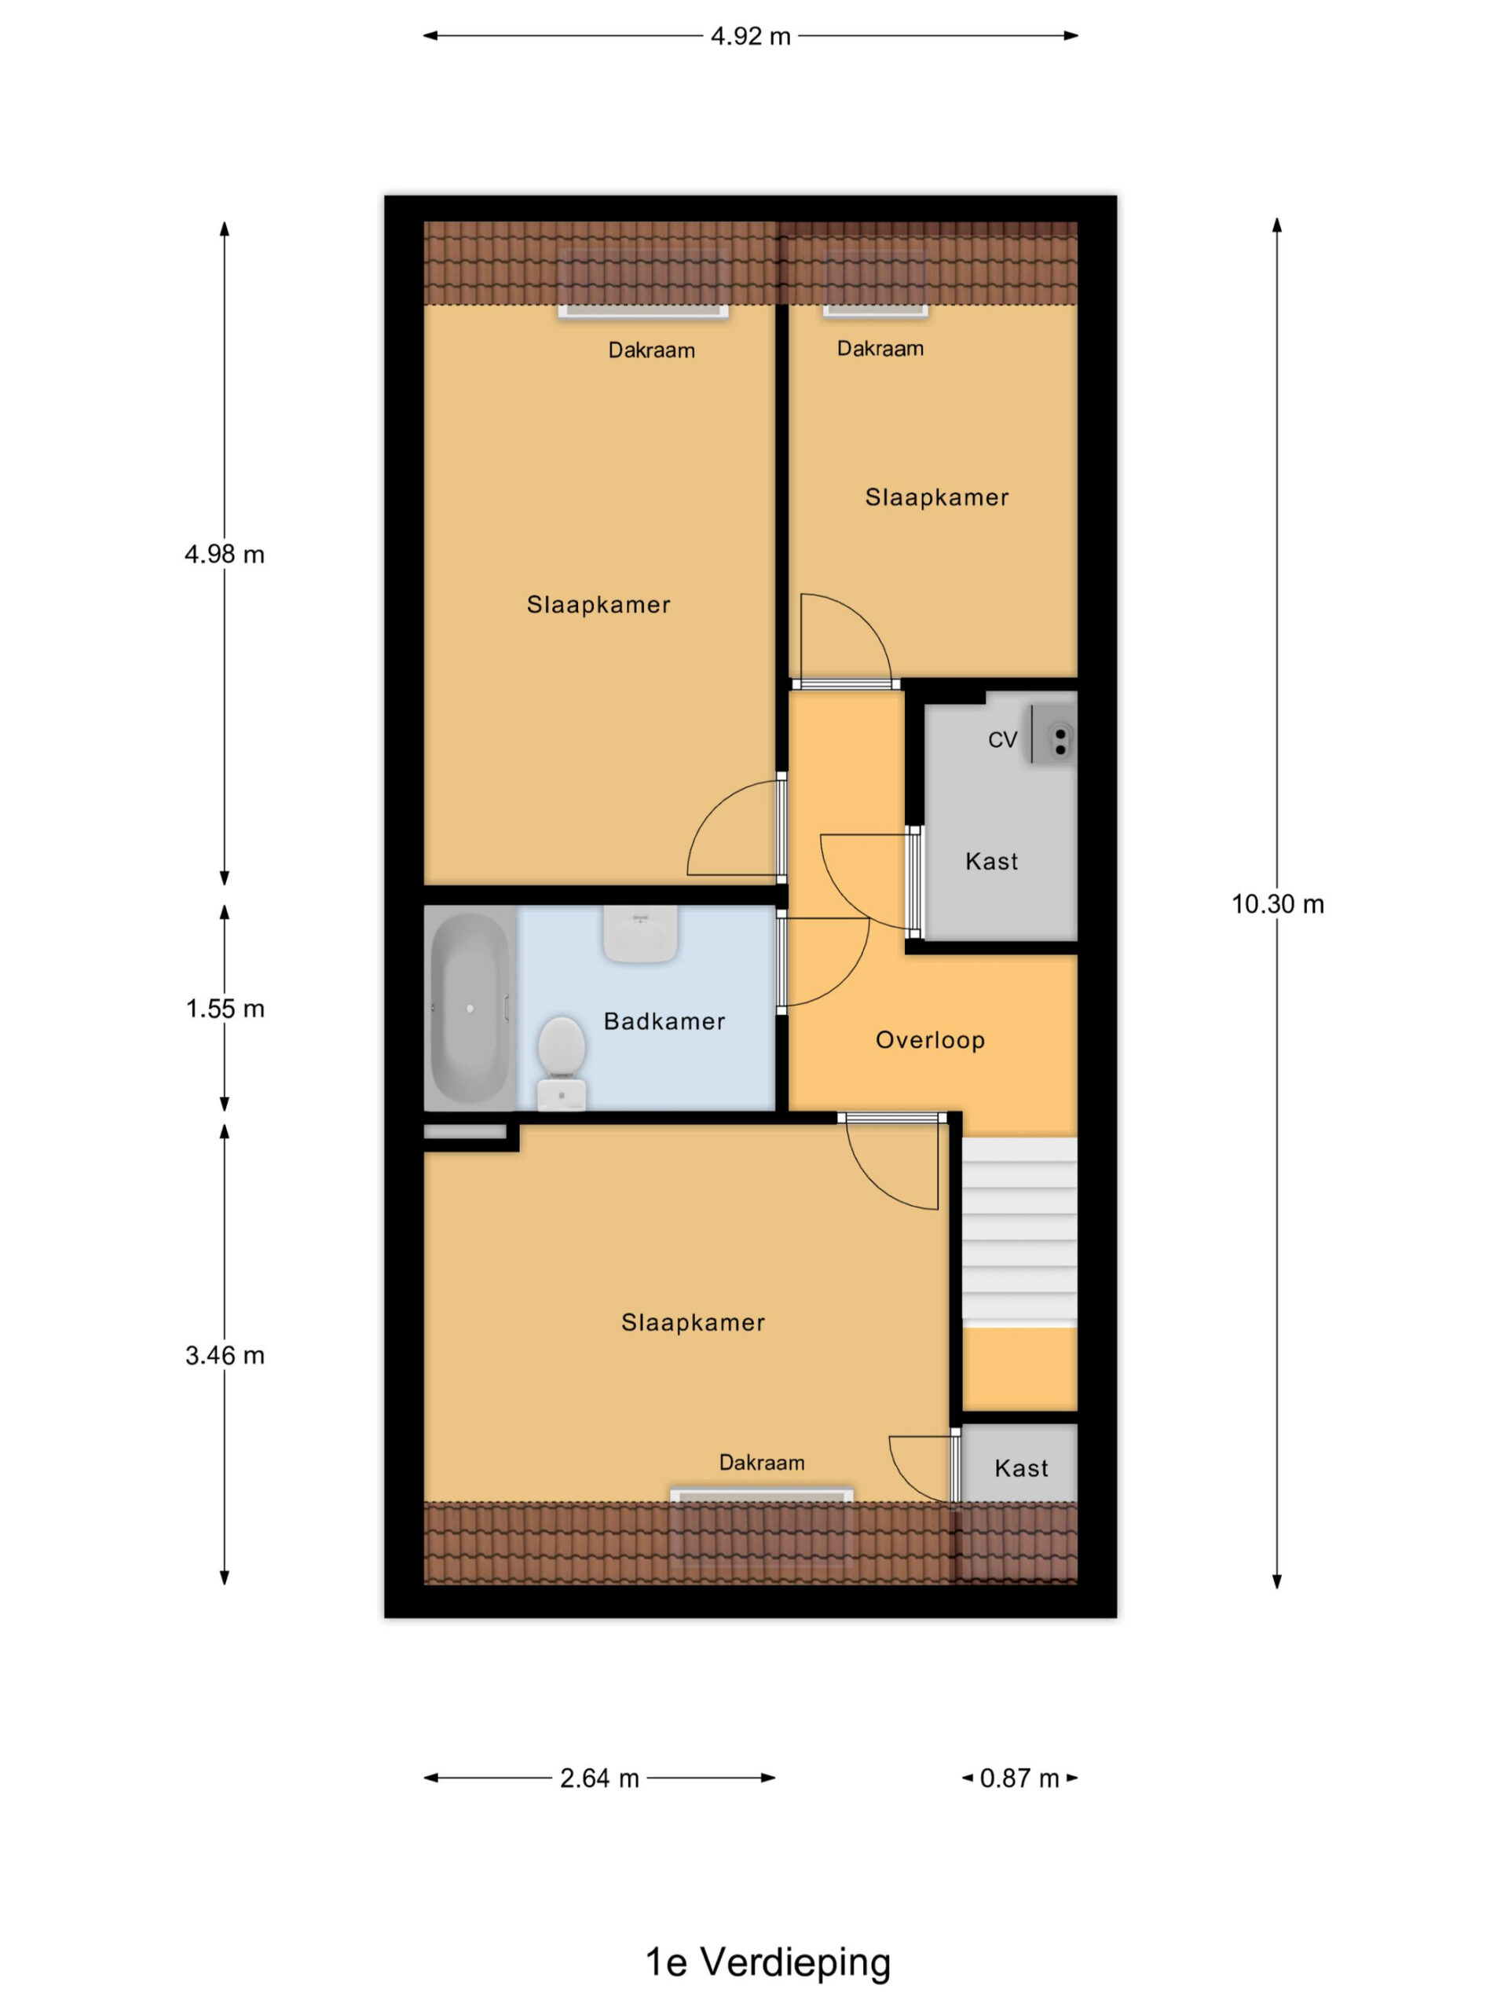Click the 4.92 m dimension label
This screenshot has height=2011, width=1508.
[750, 36]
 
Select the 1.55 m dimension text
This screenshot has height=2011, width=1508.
[225, 1008]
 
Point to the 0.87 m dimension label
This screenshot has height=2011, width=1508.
[1019, 1778]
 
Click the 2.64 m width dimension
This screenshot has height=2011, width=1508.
[599, 1778]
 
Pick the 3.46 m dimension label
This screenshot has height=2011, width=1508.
[225, 1356]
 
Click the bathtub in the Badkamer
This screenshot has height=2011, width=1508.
[470, 1007]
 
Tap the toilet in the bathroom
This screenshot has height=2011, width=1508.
[561, 1063]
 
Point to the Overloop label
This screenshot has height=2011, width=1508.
[930, 1040]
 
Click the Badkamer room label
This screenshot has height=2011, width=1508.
[664, 1021]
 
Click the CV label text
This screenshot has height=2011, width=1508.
[1003, 740]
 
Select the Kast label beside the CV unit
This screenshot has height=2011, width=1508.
[992, 861]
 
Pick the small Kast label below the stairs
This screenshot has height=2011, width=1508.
[1022, 1468]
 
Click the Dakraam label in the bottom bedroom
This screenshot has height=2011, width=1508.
[762, 1462]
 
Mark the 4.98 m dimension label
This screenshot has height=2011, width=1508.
[225, 554]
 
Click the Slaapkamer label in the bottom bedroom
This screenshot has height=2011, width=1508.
[693, 1322]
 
